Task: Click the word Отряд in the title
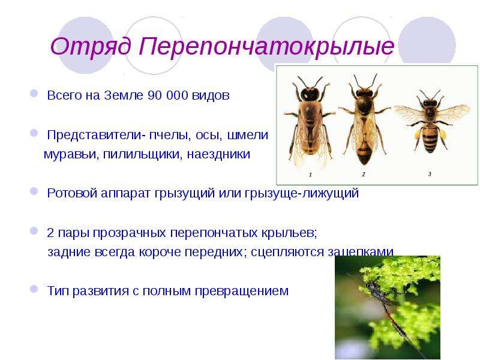(91, 47)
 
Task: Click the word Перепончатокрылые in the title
(266, 47)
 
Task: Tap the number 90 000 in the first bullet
(167, 95)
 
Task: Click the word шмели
(248, 134)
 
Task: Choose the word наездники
(218, 154)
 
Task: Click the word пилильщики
(143, 154)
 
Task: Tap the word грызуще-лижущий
(302, 193)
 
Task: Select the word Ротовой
(72, 193)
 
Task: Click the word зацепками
(361, 252)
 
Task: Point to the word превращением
(242, 291)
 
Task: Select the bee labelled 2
(364, 119)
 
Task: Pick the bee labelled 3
(431, 122)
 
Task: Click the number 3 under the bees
(430, 174)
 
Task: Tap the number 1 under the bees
(310, 175)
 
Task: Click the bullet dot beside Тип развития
(34, 289)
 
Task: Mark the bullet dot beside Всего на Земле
(34, 93)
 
